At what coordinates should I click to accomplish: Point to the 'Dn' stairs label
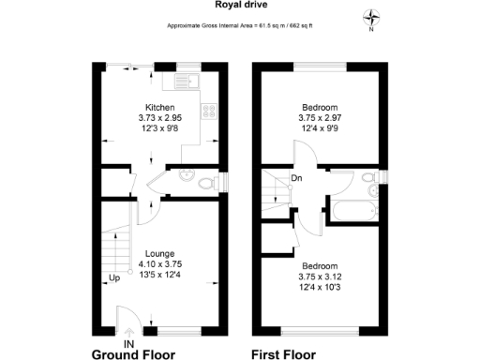click(x=296, y=179)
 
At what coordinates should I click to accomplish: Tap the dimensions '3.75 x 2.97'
click(x=319, y=118)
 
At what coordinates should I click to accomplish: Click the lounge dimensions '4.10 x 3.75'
click(x=159, y=264)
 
